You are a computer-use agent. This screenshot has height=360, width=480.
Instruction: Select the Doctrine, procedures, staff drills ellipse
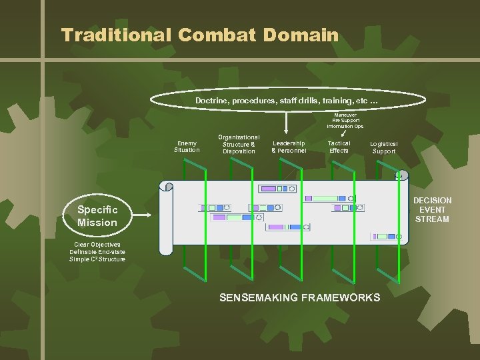click(x=287, y=100)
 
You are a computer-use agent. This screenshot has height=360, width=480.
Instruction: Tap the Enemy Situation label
click(x=187, y=146)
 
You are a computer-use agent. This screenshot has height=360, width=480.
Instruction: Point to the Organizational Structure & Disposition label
click(x=239, y=144)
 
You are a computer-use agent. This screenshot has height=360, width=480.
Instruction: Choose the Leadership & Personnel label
click(x=289, y=147)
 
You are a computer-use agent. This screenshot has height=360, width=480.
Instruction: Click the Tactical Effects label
click(x=339, y=147)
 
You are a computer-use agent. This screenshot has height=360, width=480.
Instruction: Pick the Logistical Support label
click(x=384, y=147)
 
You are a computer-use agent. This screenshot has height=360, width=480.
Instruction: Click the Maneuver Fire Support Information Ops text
click(x=345, y=120)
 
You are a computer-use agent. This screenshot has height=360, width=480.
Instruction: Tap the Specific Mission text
click(x=97, y=216)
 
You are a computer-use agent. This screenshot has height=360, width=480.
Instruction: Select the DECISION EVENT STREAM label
click(x=432, y=209)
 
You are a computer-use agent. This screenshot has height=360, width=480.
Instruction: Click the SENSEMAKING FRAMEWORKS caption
click(x=299, y=297)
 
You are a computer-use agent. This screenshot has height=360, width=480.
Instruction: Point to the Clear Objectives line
click(x=97, y=245)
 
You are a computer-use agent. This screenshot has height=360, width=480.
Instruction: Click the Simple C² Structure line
click(x=97, y=259)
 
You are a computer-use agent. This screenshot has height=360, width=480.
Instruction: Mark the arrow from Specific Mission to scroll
click(x=143, y=215)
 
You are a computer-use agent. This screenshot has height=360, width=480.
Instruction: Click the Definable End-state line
click(x=97, y=252)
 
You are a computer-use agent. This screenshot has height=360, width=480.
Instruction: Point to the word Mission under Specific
click(x=97, y=223)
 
